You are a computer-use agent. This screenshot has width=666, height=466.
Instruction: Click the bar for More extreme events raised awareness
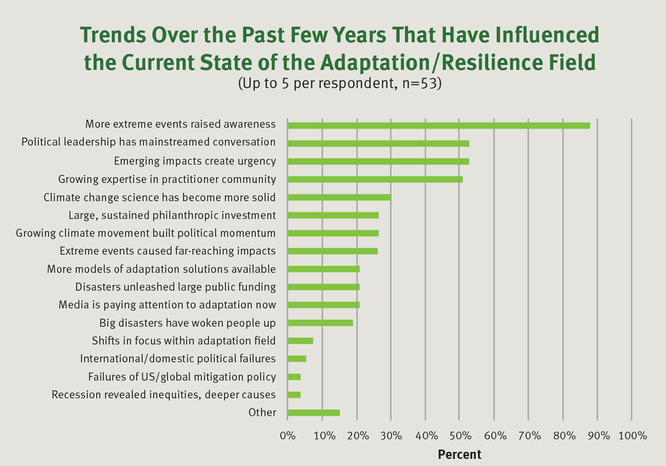[438, 125]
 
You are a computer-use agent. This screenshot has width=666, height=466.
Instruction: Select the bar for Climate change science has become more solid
[339, 197]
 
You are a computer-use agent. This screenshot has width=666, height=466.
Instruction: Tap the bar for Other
[313, 413]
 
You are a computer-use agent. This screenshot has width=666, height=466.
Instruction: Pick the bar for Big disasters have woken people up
[320, 323]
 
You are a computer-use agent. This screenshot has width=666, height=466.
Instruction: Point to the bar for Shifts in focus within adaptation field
[300, 341]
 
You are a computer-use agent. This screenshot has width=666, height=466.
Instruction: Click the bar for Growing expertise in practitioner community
[374, 179]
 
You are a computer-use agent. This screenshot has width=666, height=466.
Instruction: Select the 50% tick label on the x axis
[460, 436]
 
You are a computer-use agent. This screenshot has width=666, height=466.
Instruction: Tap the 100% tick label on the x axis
[632, 436]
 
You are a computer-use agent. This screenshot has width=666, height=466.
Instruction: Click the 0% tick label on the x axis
[287, 436]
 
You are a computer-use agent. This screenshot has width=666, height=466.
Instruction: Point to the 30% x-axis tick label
[390, 436]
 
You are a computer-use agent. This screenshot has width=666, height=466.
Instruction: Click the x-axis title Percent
[460, 455]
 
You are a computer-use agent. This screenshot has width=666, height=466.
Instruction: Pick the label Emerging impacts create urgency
[194, 161]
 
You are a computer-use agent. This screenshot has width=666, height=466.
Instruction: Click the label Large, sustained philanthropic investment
[172, 215]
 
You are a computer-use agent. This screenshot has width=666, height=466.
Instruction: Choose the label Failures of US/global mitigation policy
[182, 376]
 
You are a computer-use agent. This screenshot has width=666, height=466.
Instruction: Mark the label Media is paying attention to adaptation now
[167, 305]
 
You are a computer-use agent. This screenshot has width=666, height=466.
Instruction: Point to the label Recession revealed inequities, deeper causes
[164, 394]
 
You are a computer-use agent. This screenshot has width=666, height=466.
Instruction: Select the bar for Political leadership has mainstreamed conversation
[378, 143]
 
